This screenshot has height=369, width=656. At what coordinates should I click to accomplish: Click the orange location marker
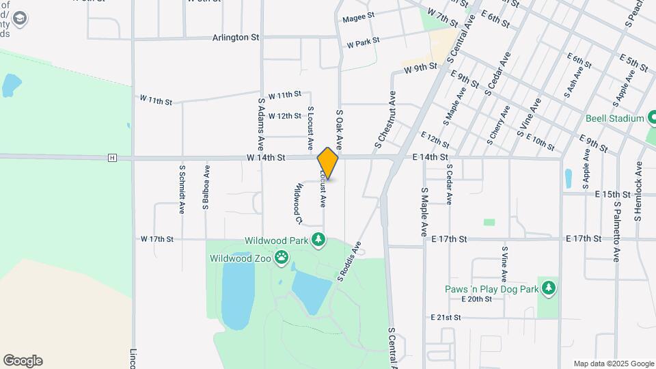[328, 163]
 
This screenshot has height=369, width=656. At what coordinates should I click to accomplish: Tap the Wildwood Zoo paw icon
[282, 258]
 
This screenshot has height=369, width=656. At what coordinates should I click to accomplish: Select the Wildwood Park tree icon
[318, 239]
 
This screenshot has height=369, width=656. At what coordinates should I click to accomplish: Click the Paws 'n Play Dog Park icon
[548, 288]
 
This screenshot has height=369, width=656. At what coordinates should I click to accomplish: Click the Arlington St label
[236, 38]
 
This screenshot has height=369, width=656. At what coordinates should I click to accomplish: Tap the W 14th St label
[266, 158]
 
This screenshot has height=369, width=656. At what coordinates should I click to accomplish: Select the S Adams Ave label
[260, 124]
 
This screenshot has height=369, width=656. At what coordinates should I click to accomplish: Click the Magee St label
[359, 16]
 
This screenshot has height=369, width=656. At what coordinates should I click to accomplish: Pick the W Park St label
[363, 43]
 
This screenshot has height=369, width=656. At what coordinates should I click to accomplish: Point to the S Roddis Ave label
[348, 261]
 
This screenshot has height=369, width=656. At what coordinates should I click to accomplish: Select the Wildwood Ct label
[299, 203]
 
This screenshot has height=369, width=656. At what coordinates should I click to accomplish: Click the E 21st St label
[447, 318]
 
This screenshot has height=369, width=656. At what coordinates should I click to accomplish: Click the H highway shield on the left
[112, 158]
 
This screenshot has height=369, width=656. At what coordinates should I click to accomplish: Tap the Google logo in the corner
[23, 361]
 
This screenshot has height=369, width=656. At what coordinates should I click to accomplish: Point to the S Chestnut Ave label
[384, 121]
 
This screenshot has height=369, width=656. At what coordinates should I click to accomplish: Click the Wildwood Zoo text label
[241, 258]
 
